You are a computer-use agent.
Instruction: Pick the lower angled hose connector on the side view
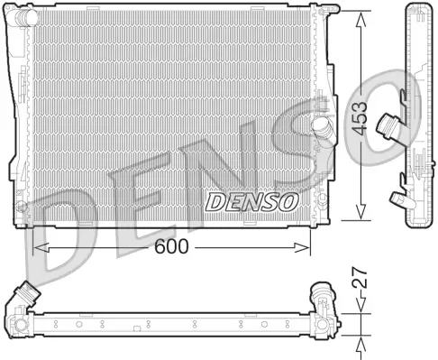coord(397,194)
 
